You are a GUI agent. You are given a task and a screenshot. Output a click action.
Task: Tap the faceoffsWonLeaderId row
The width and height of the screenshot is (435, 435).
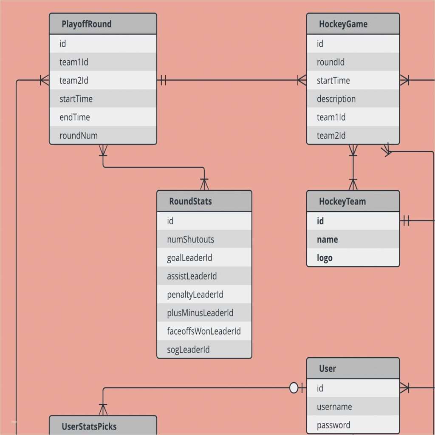click(x=204, y=331)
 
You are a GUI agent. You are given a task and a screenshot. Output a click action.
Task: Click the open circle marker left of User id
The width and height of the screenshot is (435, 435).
click(x=294, y=388)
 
